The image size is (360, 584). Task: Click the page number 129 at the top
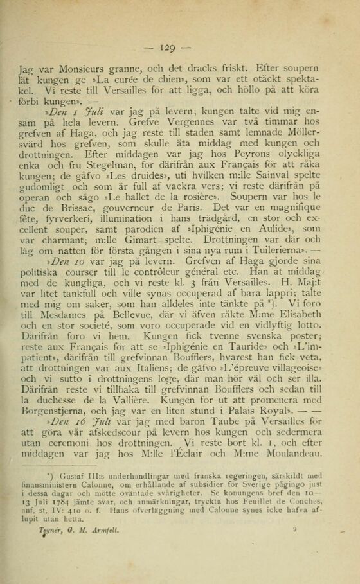[179, 48]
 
